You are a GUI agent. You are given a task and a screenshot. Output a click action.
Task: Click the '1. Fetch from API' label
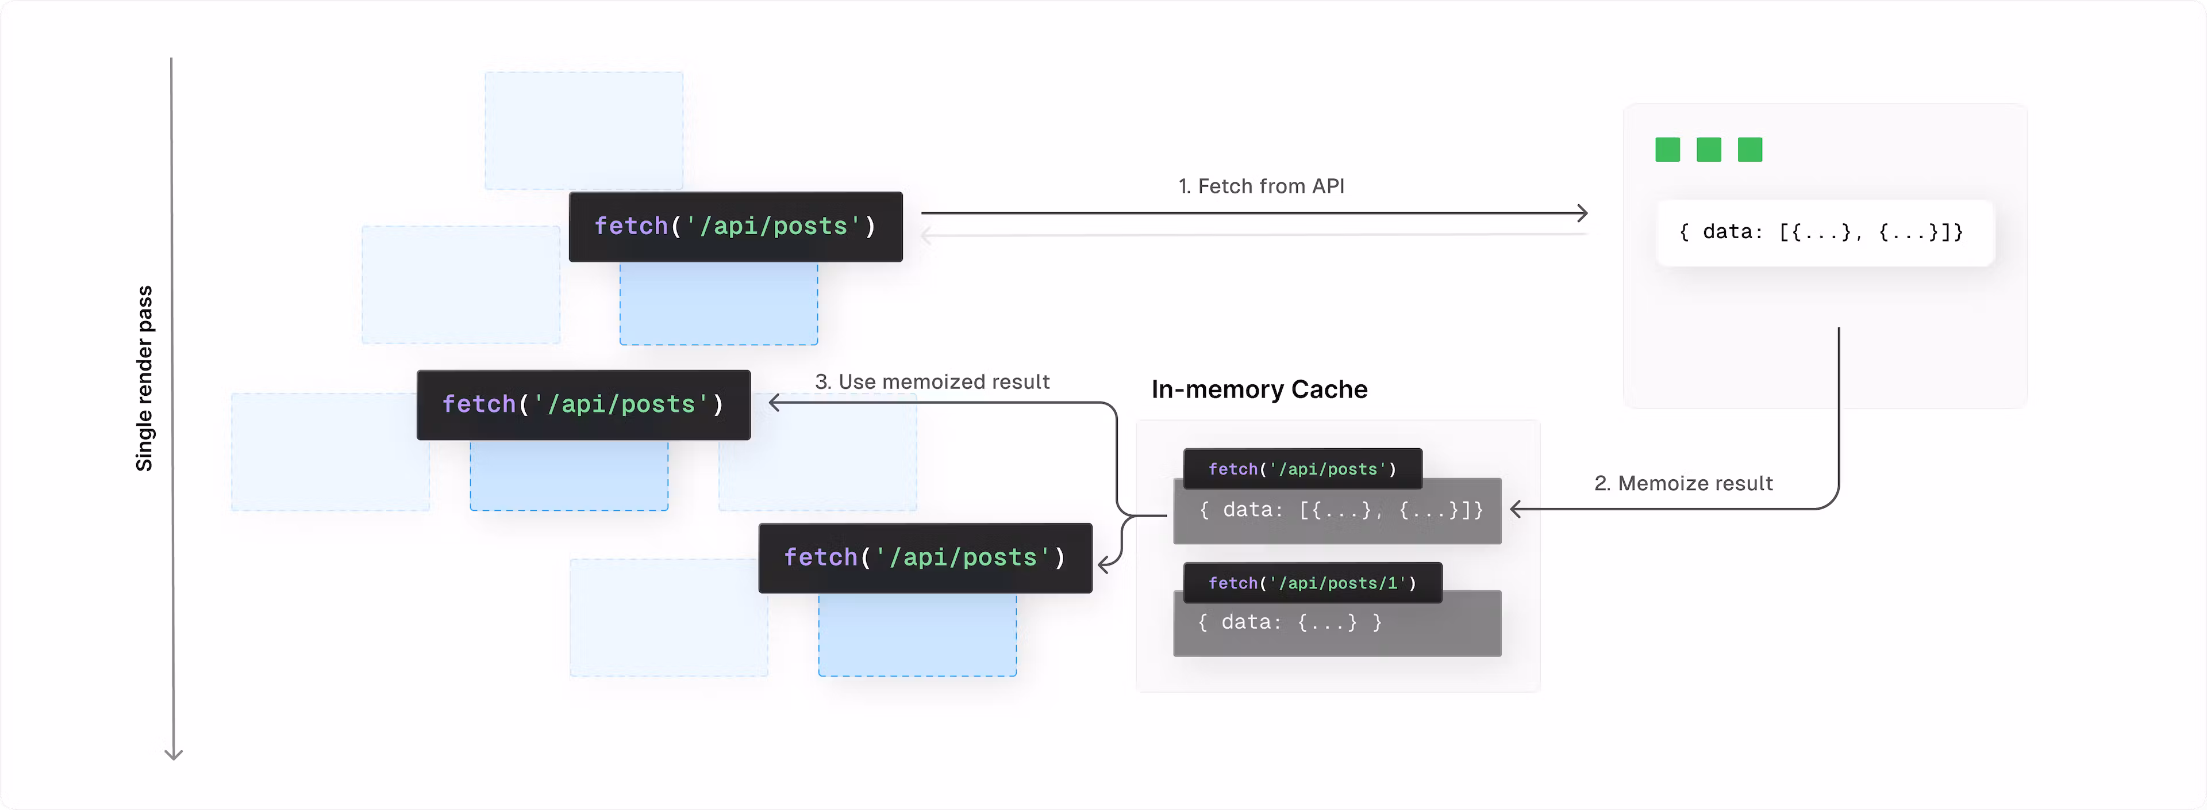pyautogui.click(x=1261, y=186)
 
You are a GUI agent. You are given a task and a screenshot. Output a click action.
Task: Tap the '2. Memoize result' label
pyautogui.click(x=1683, y=483)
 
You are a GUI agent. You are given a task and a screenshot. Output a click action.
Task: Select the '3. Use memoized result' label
pyautogui.click(x=932, y=381)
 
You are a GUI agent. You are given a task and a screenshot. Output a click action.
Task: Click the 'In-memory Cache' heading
pyautogui.click(x=1259, y=389)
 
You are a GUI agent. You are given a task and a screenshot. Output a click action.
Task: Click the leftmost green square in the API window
pyautogui.click(x=1667, y=150)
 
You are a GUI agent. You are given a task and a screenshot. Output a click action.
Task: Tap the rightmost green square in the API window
pyautogui.click(x=1750, y=150)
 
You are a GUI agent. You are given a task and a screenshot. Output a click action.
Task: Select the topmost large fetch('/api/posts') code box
pyautogui.click(x=735, y=226)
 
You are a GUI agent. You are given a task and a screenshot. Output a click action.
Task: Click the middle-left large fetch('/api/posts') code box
pyautogui.click(x=583, y=404)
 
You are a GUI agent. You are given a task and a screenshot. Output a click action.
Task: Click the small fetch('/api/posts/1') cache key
pyautogui.click(x=1312, y=583)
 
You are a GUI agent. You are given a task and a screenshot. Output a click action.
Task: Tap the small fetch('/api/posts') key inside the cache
pyautogui.click(x=1301, y=469)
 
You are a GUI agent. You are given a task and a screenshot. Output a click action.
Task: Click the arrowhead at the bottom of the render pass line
pyautogui.click(x=173, y=754)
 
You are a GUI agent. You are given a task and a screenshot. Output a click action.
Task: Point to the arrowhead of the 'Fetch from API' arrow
pyautogui.click(x=1583, y=213)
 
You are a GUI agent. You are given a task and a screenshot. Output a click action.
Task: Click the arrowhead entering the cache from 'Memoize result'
pyautogui.click(x=1516, y=509)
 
